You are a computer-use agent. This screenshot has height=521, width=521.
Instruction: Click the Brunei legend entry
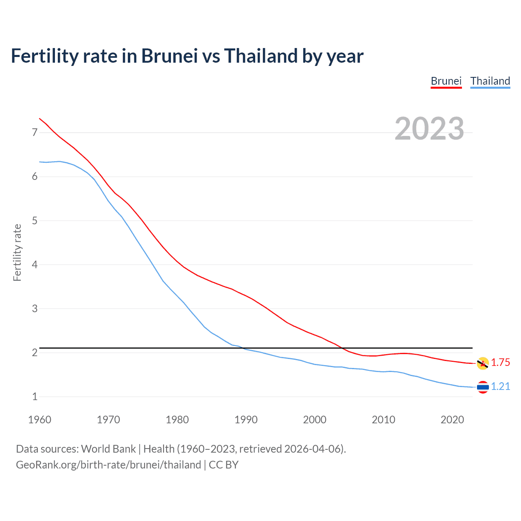pos(446,81)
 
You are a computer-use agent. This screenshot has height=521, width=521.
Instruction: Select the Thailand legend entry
pos(490,81)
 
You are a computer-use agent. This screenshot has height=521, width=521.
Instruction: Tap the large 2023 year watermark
pos(429,129)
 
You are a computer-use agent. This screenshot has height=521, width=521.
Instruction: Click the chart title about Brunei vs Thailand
pos(187,56)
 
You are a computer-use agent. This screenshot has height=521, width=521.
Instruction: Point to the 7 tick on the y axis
pos(35,132)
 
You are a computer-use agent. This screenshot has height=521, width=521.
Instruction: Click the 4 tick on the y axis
pos(35,265)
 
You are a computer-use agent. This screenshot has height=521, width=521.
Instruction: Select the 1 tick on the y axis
pos(35,396)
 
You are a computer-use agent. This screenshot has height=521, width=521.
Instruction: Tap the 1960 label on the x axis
pos(39,420)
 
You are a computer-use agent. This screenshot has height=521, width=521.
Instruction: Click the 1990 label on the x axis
pos(246,420)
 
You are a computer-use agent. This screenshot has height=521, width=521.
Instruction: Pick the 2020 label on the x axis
pos(452,420)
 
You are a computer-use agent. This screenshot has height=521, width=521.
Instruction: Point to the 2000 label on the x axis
pos(315,420)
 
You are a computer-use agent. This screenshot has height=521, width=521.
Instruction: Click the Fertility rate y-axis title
pos(17,252)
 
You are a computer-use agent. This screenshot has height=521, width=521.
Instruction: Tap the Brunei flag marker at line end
pos(483,363)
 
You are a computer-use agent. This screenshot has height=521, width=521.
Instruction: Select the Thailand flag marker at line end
pos(483,387)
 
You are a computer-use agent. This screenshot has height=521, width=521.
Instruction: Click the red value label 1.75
pos(500,363)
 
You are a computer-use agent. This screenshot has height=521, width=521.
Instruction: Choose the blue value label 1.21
pos(500,387)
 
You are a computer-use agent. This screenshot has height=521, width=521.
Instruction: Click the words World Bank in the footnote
pos(108,449)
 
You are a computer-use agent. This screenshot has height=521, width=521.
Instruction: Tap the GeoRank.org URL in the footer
pos(108,465)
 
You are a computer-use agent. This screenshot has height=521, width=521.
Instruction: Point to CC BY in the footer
pos(223,465)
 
